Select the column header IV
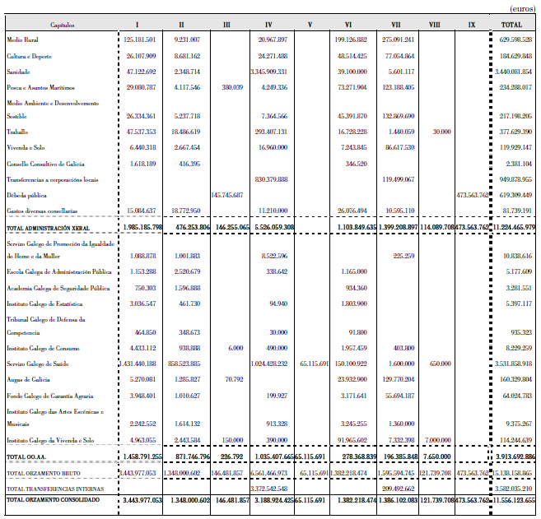269,25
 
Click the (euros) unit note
521,9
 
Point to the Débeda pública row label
26,195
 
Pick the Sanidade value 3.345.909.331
268,71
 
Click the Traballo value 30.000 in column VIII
441,132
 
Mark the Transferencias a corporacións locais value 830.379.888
271,178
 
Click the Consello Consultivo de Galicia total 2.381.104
516,164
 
